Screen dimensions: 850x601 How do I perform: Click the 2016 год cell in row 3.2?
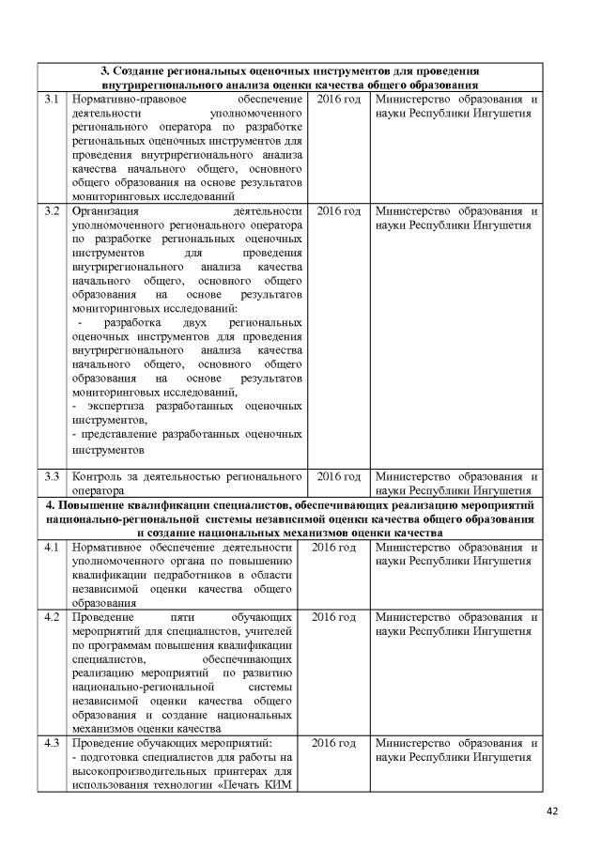(x=339, y=211)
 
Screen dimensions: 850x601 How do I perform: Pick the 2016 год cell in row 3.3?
(x=339, y=476)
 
